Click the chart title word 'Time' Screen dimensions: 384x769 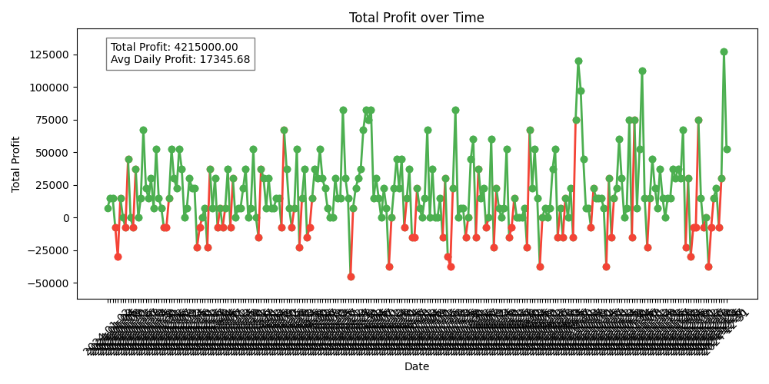(x=468, y=18)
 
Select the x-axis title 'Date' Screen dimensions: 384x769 (x=417, y=366)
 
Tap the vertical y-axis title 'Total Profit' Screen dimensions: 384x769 (x=16, y=164)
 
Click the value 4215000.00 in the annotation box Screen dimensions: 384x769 (x=205, y=47)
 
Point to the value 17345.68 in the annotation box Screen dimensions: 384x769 (x=218, y=59)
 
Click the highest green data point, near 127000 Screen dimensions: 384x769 (x=724, y=51)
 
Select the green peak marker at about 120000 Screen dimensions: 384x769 (x=578, y=61)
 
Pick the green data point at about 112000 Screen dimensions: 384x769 (x=642, y=71)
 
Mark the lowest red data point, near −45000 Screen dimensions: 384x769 (x=351, y=276)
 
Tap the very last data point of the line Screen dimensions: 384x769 (x=727, y=149)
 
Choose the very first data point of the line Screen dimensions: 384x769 (x=108, y=208)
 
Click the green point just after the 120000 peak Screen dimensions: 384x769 (x=581, y=91)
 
